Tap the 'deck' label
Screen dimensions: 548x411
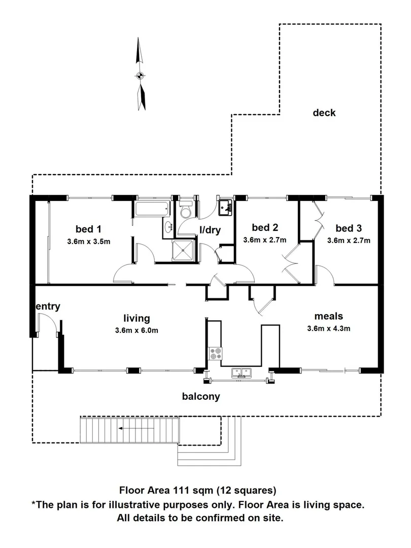coord(324,113)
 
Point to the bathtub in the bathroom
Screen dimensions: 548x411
coord(151,208)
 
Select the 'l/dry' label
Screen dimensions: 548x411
coord(210,230)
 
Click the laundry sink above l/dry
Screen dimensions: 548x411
coord(225,207)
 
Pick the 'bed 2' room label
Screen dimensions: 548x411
coord(265,228)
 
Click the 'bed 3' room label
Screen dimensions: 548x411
coord(349,228)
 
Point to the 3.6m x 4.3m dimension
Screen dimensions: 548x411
coord(328,328)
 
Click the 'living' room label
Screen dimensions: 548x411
coord(136,318)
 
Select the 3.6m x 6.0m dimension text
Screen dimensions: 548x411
coord(136,331)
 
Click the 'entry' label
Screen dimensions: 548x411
coord(48,306)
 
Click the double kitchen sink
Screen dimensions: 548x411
coord(242,373)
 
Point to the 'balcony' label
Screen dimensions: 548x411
coord(201,396)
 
